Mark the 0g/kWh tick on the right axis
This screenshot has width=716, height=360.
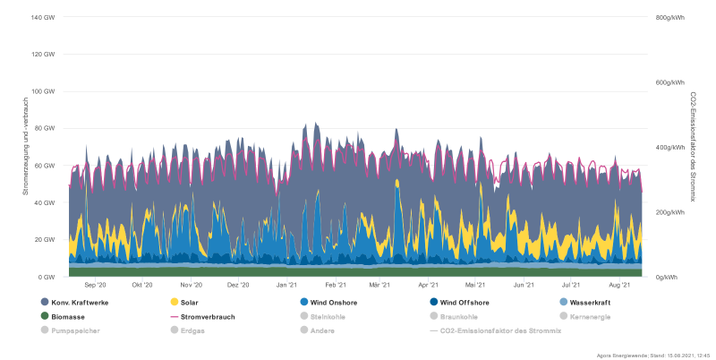click(666, 277)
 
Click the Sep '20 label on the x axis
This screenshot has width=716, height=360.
click(95, 285)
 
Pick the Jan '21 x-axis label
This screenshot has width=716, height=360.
click(286, 285)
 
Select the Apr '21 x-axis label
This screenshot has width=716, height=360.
click(428, 285)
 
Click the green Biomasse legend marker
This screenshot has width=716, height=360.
click(46, 316)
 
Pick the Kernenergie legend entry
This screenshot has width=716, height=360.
click(589, 316)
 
